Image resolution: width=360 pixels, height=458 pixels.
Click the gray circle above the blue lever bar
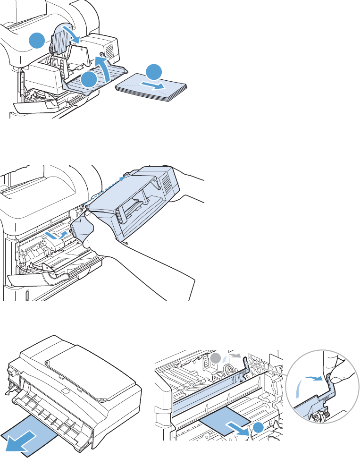216,357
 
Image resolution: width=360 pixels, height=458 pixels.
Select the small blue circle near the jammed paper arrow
258,428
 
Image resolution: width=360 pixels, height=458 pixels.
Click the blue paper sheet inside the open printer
222,413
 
